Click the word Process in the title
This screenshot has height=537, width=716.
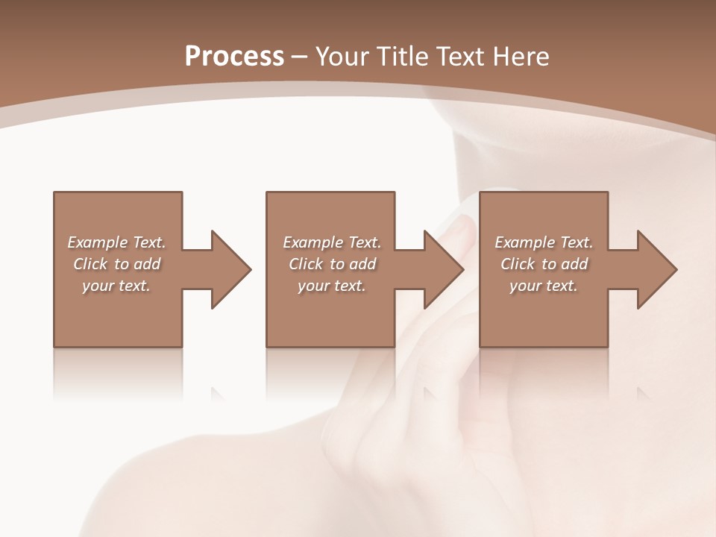[x=234, y=56]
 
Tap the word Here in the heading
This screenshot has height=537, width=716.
[x=521, y=56]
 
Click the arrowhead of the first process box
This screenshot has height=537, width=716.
[x=231, y=269]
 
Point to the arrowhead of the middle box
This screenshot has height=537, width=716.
[x=445, y=269]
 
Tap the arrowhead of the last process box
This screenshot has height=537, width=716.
[x=657, y=269]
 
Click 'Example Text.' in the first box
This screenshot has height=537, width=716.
[x=116, y=242]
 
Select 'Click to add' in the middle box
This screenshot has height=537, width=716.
[x=332, y=264]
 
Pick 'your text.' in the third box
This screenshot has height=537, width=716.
[x=543, y=286]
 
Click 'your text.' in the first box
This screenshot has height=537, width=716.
[x=116, y=286]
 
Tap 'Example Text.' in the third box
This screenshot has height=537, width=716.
[x=543, y=242]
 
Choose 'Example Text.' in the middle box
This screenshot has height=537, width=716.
[x=332, y=242]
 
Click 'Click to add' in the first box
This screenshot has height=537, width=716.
[x=116, y=264]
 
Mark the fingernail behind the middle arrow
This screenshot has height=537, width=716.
[x=459, y=231]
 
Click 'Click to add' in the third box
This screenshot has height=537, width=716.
[x=543, y=264]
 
